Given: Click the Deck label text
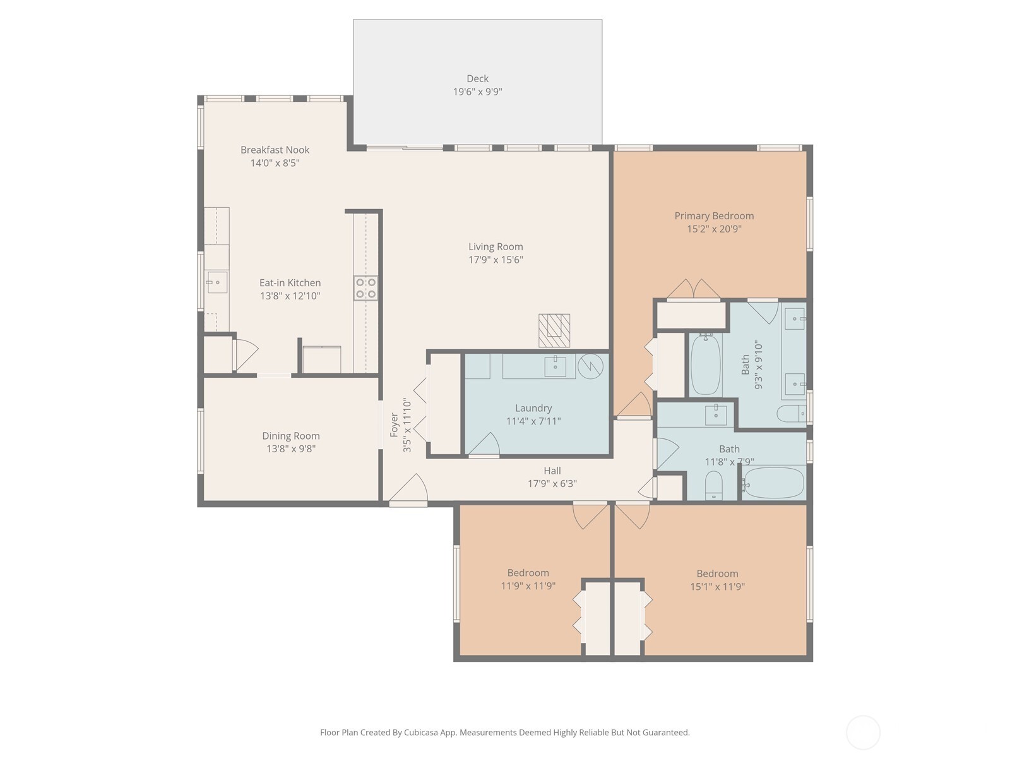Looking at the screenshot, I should click(477, 78).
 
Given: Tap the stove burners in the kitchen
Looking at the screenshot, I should click(365, 288).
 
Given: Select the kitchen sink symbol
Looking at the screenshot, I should click(217, 282).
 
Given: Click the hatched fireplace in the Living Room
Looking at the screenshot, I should click(554, 330).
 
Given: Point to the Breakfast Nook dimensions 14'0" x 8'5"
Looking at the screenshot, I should click(275, 163).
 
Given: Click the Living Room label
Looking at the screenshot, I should click(496, 246).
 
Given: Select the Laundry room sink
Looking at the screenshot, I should click(555, 365).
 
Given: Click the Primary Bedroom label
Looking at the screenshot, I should click(714, 215).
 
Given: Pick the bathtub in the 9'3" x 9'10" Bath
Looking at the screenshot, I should click(705, 366).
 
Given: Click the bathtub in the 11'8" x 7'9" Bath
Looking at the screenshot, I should click(774, 483).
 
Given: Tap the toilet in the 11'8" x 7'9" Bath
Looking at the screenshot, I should click(713, 485).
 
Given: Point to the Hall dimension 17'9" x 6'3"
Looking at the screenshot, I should click(552, 484).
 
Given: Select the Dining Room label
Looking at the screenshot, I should click(290, 436).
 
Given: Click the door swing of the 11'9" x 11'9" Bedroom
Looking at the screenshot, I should click(591, 515).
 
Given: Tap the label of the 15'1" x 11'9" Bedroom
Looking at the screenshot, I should click(717, 574).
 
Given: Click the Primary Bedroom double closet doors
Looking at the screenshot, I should click(694, 289).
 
